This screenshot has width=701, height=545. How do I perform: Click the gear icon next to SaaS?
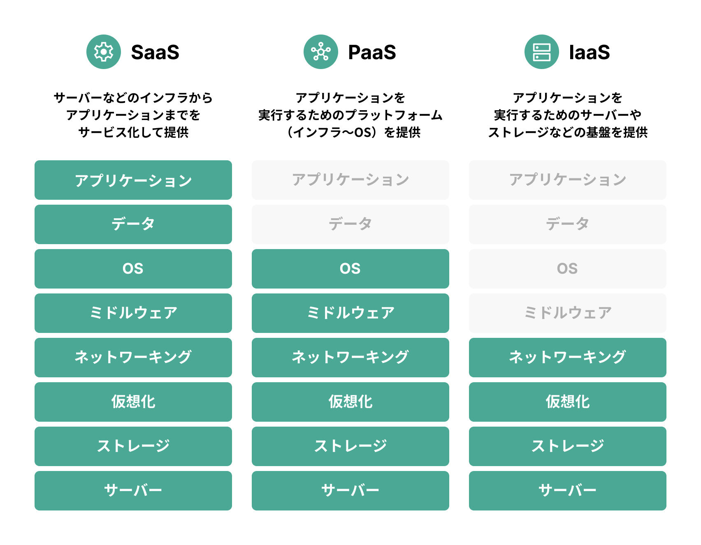pos(104,52)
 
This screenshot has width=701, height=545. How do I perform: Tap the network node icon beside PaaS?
pos(320,52)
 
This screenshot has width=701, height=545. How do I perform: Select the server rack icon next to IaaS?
pos(541,52)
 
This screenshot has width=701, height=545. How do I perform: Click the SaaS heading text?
pos(155,52)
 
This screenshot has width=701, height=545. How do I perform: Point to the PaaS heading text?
pos(372,52)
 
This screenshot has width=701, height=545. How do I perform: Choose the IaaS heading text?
pos(589,52)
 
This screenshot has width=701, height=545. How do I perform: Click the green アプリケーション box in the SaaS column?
pos(133,180)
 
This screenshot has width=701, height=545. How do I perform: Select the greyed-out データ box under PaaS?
pos(350,224)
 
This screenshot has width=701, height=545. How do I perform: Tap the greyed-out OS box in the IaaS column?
pos(568,269)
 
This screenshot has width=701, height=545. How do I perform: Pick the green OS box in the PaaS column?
pos(350,269)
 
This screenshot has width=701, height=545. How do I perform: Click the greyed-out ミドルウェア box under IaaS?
pos(568,313)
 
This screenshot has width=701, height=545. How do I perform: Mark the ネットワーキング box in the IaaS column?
pos(568,358)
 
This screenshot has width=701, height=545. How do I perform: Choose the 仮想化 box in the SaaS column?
pos(133,402)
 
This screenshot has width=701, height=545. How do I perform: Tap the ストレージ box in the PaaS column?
pos(350,446)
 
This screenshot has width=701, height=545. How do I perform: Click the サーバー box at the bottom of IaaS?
pos(568,491)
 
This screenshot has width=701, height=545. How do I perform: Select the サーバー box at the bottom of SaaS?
pos(133,491)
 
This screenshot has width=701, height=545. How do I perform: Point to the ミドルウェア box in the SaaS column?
pos(133,313)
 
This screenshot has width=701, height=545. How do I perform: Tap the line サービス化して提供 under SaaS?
pos(133,132)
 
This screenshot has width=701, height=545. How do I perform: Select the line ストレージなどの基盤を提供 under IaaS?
pos(568,132)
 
